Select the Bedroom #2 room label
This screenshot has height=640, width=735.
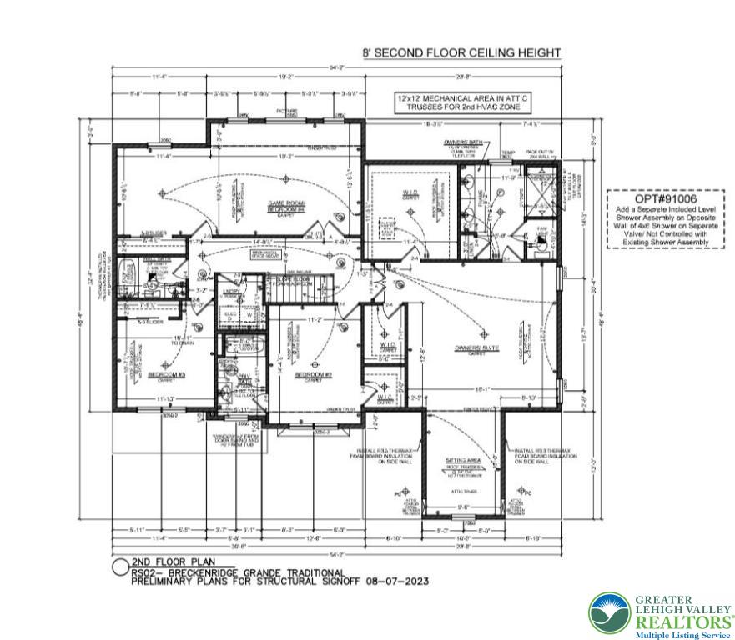(313, 377)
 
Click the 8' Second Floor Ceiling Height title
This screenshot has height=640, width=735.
(461, 52)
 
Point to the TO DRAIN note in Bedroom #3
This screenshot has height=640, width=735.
(182, 342)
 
